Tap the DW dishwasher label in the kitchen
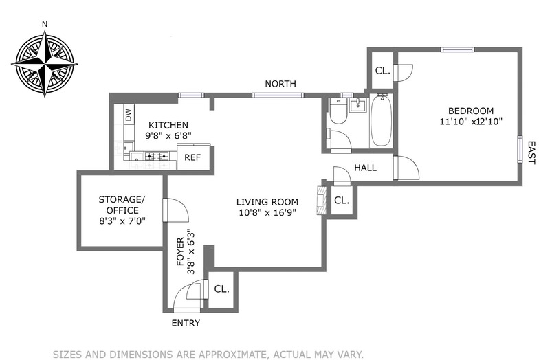[129, 115]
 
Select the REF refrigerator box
[192, 157]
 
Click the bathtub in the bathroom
[381, 122]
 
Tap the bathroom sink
[357, 105]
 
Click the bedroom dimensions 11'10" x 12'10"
[471, 123]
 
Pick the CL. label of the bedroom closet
[382, 71]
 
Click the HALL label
[365, 168]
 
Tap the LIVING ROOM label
[267, 201]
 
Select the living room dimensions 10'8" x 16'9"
[267, 213]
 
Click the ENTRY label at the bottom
[186, 322]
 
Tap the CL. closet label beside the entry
[221, 289]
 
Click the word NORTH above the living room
[282, 84]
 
